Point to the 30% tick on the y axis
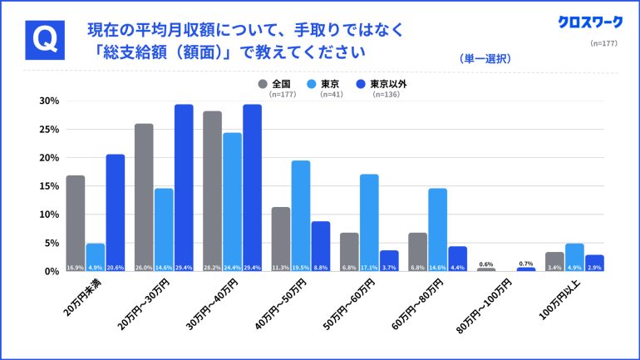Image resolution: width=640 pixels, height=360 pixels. pyautogui.click(x=48, y=101)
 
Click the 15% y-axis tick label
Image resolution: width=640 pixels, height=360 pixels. pyautogui.click(x=48, y=186)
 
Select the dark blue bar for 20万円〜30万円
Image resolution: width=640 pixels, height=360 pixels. pyautogui.click(x=184, y=187)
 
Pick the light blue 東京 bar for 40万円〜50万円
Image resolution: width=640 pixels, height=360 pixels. pyautogui.click(x=301, y=215)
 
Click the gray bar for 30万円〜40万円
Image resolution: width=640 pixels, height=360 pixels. pyautogui.click(x=212, y=190)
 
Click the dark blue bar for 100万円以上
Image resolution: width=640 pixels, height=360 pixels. pyautogui.click(x=594, y=263)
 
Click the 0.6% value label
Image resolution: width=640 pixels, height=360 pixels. pyautogui.click(x=486, y=264)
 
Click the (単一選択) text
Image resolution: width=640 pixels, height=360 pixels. pyautogui.click(x=485, y=59)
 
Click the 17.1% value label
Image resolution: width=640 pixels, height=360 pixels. pyautogui.click(x=369, y=267)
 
